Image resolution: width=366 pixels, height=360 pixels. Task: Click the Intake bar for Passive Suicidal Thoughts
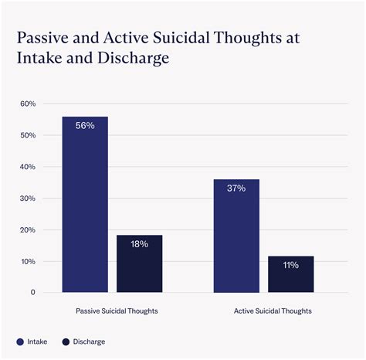point(85,205)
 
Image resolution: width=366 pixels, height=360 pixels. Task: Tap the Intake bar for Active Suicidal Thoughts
point(236,236)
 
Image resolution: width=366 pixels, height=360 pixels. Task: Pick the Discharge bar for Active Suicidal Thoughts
point(291,274)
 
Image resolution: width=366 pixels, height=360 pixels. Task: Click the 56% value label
point(85,125)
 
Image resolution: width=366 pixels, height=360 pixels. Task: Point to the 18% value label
point(140,244)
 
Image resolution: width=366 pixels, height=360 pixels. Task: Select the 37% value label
point(236,188)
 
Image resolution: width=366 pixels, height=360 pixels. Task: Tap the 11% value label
point(291,265)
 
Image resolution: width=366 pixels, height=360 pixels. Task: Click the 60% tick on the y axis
point(28,104)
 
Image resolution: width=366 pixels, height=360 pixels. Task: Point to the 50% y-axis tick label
point(28,135)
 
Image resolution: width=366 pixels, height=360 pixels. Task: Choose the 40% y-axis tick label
point(28,167)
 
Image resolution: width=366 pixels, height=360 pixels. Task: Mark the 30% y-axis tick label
point(28,199)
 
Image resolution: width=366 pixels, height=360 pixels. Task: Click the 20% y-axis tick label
point(28,230)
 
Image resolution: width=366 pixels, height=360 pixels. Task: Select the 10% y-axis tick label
point(28,262)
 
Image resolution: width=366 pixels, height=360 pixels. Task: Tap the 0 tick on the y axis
point(33,293)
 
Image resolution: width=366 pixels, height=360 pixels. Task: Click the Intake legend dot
point(19,341)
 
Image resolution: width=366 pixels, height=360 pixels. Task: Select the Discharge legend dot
point(66,341)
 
